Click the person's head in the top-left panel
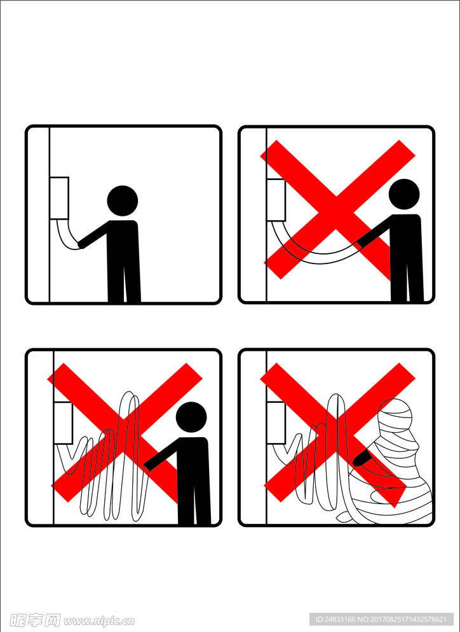[x=123, y=200]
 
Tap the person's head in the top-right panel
[x=404, y=194]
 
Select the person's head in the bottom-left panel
[x=191, y=417]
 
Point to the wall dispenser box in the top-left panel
[x=59, y=198]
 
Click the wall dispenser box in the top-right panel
[x=276, y=200]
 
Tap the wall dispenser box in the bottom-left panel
[x=63, y=423]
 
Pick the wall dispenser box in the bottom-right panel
[x=276, y=423]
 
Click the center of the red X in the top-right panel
[x=337, y=209]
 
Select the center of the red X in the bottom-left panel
[x=124, y=433]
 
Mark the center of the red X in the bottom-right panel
[x=337, y=433]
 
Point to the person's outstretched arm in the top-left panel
[x=93, y=234]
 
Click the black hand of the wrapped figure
[x=361, y=458]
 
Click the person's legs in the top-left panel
[x=124, y=282]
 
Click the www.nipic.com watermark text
[x=99, y=621]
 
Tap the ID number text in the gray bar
[x=381, y=619]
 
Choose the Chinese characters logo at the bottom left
[x=35, y=620]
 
